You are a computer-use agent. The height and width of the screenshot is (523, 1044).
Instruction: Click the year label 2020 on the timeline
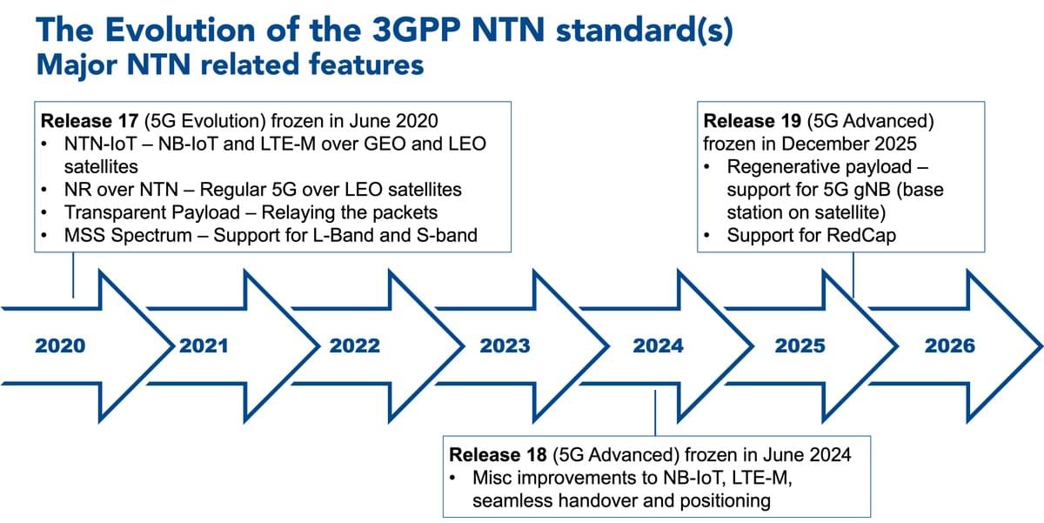click(x=60, y=345)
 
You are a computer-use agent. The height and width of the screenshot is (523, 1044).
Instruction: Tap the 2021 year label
click(x=204, y=345)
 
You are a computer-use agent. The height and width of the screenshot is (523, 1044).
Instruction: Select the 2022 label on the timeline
click(x=355, y=345)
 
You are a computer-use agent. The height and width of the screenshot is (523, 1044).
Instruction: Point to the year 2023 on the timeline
click(x=505, y=345)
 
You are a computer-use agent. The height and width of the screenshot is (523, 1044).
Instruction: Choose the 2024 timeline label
click(x=658, y=345)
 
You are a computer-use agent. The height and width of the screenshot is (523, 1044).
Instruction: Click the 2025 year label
click(x=800, y=345)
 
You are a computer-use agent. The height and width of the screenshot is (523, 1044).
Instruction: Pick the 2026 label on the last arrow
click(x=950, y=345)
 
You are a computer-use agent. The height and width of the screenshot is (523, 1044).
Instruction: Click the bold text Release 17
click(x=90, y=121)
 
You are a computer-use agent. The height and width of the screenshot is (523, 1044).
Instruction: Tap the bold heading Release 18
click(x=498, y=455)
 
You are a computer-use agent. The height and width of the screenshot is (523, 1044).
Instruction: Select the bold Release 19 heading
click(x=753, y=121)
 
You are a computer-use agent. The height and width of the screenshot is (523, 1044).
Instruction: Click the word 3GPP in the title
click(x=416, y=30)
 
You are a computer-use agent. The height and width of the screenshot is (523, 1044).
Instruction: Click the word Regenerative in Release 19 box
click(x=773, y=167)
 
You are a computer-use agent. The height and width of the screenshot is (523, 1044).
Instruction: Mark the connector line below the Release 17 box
click(x=73, y=275)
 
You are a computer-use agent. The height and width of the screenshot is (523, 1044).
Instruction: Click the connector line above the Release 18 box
click(x=655, y=413)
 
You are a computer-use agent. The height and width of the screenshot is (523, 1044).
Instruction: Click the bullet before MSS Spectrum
click(x=44, y=236)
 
